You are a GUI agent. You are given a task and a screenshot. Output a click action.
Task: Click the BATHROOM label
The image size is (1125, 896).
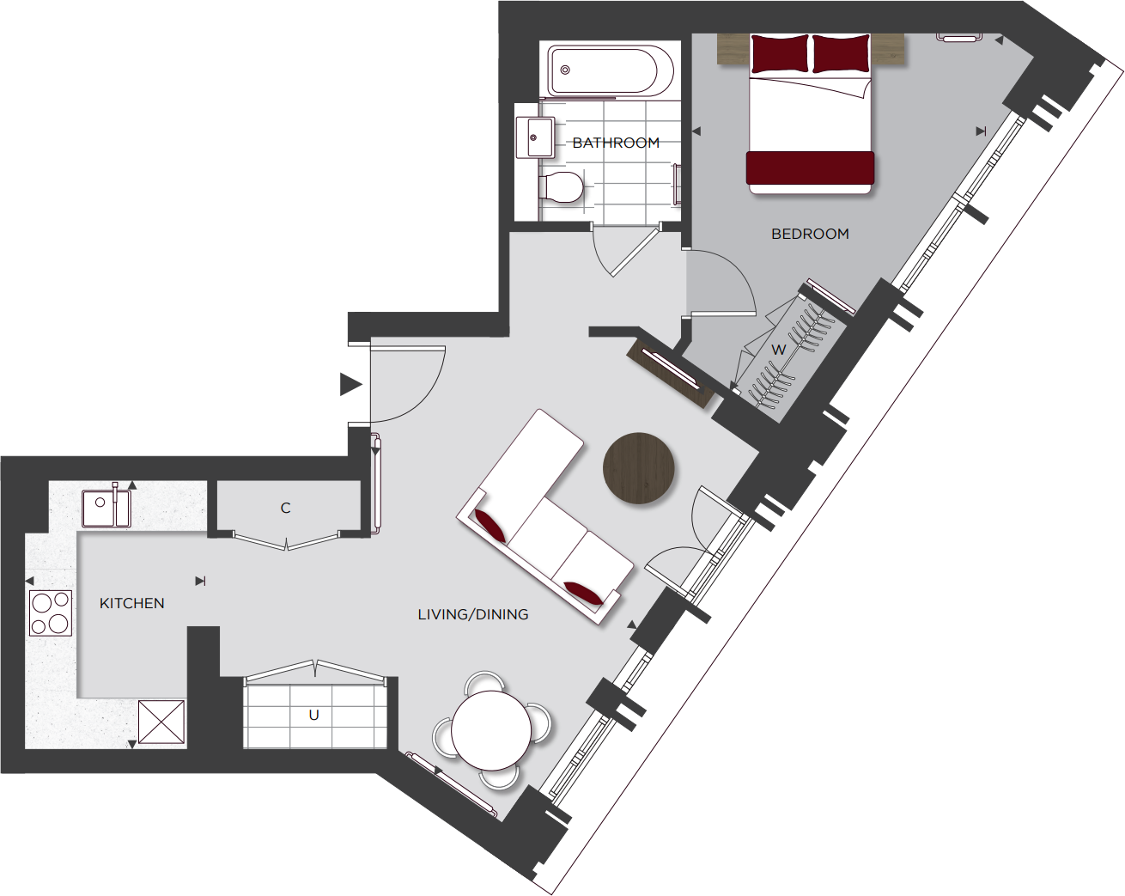coord(616,143)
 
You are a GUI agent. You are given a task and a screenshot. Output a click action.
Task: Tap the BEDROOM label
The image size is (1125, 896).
coord(810,234)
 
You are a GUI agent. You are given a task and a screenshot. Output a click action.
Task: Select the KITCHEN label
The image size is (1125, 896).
coord(132,603)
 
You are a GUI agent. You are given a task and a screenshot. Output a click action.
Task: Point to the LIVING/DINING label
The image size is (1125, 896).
coord(473,614)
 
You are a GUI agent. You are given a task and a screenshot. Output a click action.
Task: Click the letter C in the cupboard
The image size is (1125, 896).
coord(286,508)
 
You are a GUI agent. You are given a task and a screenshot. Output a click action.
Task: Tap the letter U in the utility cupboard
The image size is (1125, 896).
coord(314,715)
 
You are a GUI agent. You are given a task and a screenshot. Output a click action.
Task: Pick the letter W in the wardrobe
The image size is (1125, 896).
coord(778,350)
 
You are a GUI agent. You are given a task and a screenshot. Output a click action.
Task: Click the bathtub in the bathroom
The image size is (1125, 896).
coord(611,70)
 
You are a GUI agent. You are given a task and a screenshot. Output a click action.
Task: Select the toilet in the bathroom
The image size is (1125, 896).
coord(562,186)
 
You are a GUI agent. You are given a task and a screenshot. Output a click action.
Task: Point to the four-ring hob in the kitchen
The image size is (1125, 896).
coord(51,613)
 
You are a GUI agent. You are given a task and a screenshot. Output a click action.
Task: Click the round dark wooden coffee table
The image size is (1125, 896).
coord(639,468)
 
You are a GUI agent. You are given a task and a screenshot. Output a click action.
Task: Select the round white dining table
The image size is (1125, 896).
coord(491,730)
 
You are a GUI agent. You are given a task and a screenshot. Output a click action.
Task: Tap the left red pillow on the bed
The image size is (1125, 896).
coord(780,54)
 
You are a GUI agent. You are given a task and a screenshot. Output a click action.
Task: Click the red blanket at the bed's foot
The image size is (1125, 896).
coord(810,168)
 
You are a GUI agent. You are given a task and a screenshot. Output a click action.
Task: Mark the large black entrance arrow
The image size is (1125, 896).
coord(350,384)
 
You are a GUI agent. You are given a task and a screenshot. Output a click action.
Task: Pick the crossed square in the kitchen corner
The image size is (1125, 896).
coord(161,722)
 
